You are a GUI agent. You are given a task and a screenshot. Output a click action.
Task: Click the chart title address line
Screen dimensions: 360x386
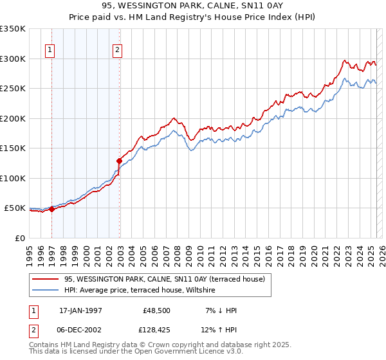pos(192,6)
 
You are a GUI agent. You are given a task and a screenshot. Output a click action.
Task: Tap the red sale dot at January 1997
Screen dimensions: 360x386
pos(52,209)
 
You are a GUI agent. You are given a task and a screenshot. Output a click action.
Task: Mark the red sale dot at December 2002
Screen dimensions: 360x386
pos(119,161)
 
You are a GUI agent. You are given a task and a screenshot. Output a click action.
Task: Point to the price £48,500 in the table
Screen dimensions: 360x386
pos(156,310)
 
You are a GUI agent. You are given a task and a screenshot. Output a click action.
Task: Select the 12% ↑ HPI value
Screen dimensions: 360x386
pos(220,331)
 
